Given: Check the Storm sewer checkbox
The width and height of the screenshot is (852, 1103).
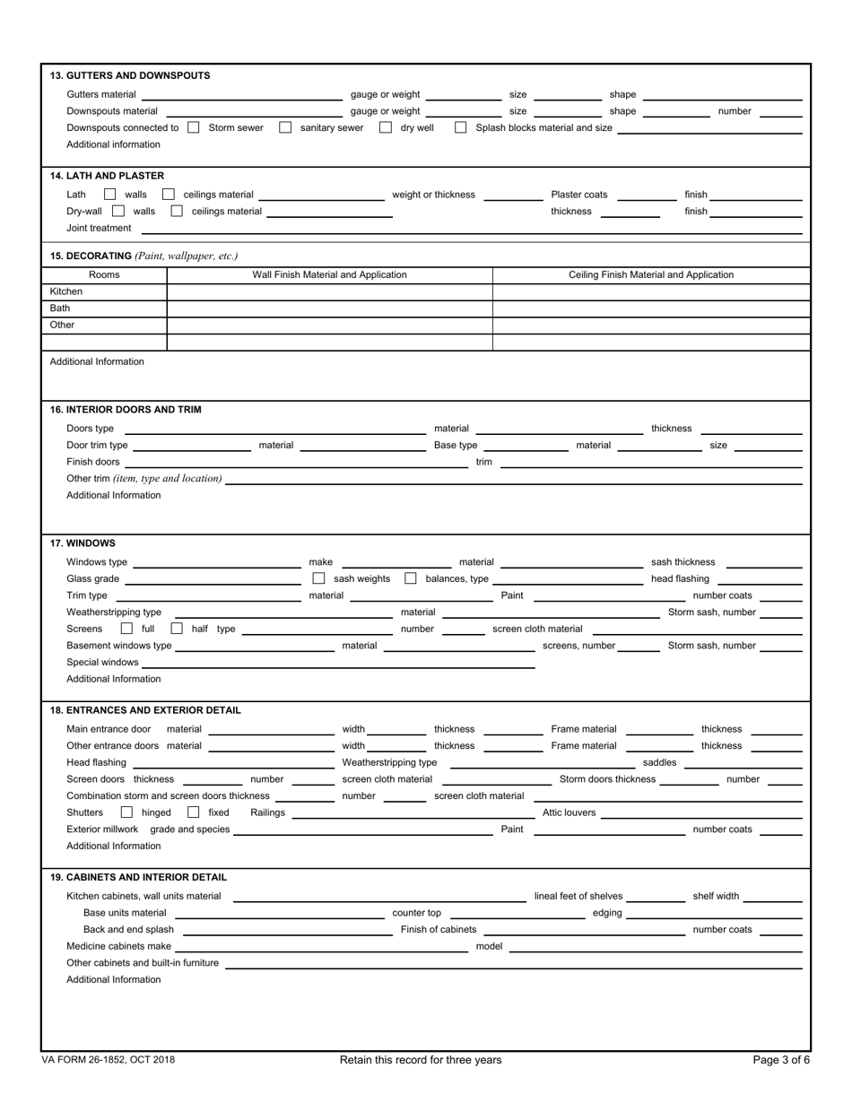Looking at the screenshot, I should tap(193, 128).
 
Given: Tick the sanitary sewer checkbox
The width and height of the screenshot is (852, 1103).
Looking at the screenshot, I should tap(285, 128).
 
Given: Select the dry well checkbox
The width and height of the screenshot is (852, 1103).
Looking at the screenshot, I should tap(386, 128).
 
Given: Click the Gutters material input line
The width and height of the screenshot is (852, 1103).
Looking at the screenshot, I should tap(242, 95).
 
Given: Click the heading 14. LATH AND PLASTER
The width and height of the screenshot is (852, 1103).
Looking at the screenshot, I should tap(107, 176).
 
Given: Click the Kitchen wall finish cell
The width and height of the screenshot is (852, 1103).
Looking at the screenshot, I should tap(329, 292).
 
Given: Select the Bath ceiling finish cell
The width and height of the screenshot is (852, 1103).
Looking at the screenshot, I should tap(651, 308).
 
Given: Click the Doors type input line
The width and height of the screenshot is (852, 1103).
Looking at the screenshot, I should tap(274, 430).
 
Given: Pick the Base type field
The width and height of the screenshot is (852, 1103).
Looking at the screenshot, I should tap(526, 446).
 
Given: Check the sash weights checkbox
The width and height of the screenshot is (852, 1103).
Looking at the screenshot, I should tap(318, 579).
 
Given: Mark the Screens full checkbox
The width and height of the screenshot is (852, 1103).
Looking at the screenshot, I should tap(126, 630).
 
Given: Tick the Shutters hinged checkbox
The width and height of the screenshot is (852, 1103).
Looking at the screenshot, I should tap(126, 813).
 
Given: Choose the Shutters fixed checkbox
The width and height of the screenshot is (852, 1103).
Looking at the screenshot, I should tap(193, 813).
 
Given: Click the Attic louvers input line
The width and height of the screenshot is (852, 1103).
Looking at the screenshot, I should tap(700, 813).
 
